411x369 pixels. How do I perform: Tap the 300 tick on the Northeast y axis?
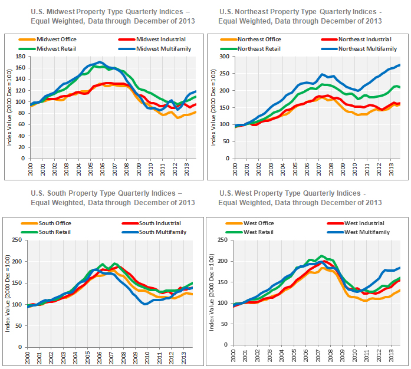[x=223, y=57]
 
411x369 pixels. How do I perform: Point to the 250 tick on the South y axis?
[x=18, y=240]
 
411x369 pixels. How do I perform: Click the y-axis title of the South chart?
[x=8, y=298]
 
